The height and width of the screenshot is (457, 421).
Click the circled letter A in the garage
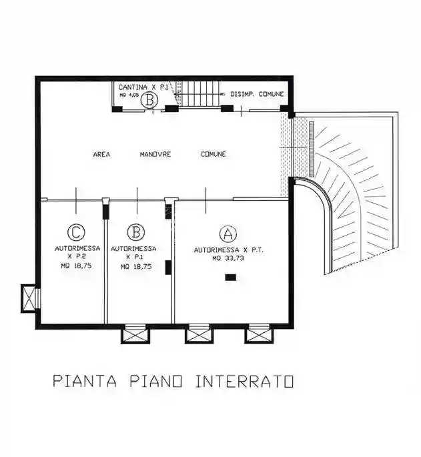tap(228, 234)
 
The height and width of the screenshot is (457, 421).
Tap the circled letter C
tap(77, 232)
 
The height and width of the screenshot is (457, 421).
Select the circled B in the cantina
tap(151, 101)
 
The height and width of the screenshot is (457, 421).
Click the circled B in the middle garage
tap(136, 232)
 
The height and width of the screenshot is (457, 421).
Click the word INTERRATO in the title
tap(245, 382)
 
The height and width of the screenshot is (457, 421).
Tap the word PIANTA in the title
tap(85, 382)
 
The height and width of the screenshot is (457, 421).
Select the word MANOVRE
tap(155, 154)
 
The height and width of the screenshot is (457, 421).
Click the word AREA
tap(101, 154)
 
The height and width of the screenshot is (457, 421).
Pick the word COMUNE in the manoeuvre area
tap(214, 154)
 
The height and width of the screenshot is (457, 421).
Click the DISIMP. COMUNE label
tap(258, 95)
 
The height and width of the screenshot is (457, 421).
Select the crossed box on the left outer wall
tap(28, 297)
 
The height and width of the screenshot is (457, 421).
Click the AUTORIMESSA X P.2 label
tap(77, 252)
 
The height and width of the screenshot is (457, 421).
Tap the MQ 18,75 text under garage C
tap(77, 266)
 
